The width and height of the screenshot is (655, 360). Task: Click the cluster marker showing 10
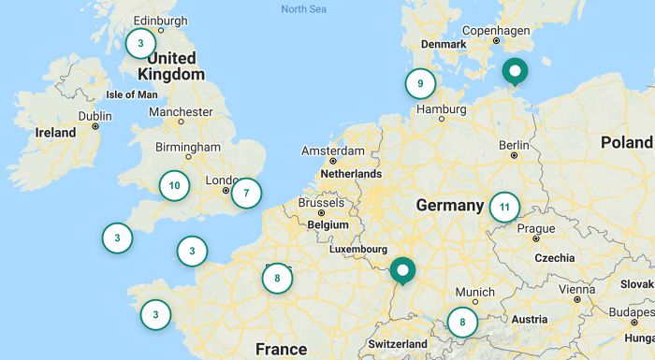[174, 185]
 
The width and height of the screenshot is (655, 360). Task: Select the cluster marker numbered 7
[246, 194]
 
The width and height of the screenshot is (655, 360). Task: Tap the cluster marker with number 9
[420, 84]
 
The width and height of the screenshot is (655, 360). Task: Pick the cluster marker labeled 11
[504, 207]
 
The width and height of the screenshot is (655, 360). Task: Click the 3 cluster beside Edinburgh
[140, 43]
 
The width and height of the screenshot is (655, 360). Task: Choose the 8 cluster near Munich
[462, 323]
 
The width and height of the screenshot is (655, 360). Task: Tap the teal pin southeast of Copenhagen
[514, 70]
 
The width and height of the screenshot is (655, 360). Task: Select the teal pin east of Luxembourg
[403, 270]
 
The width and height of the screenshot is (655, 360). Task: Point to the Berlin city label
[514, 145]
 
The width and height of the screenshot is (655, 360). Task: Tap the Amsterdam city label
[332, 151]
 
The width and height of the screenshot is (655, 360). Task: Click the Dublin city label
[95, 116]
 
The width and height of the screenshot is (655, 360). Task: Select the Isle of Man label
[132, 94]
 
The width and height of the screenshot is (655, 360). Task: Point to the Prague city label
[535, 229]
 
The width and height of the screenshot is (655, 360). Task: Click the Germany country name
[449, 205]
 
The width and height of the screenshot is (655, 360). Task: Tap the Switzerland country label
[398, 344]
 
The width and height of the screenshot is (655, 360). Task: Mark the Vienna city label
[577, 289]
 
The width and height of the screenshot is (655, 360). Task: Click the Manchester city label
[181, 112]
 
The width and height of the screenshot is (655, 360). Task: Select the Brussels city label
[321, 203]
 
